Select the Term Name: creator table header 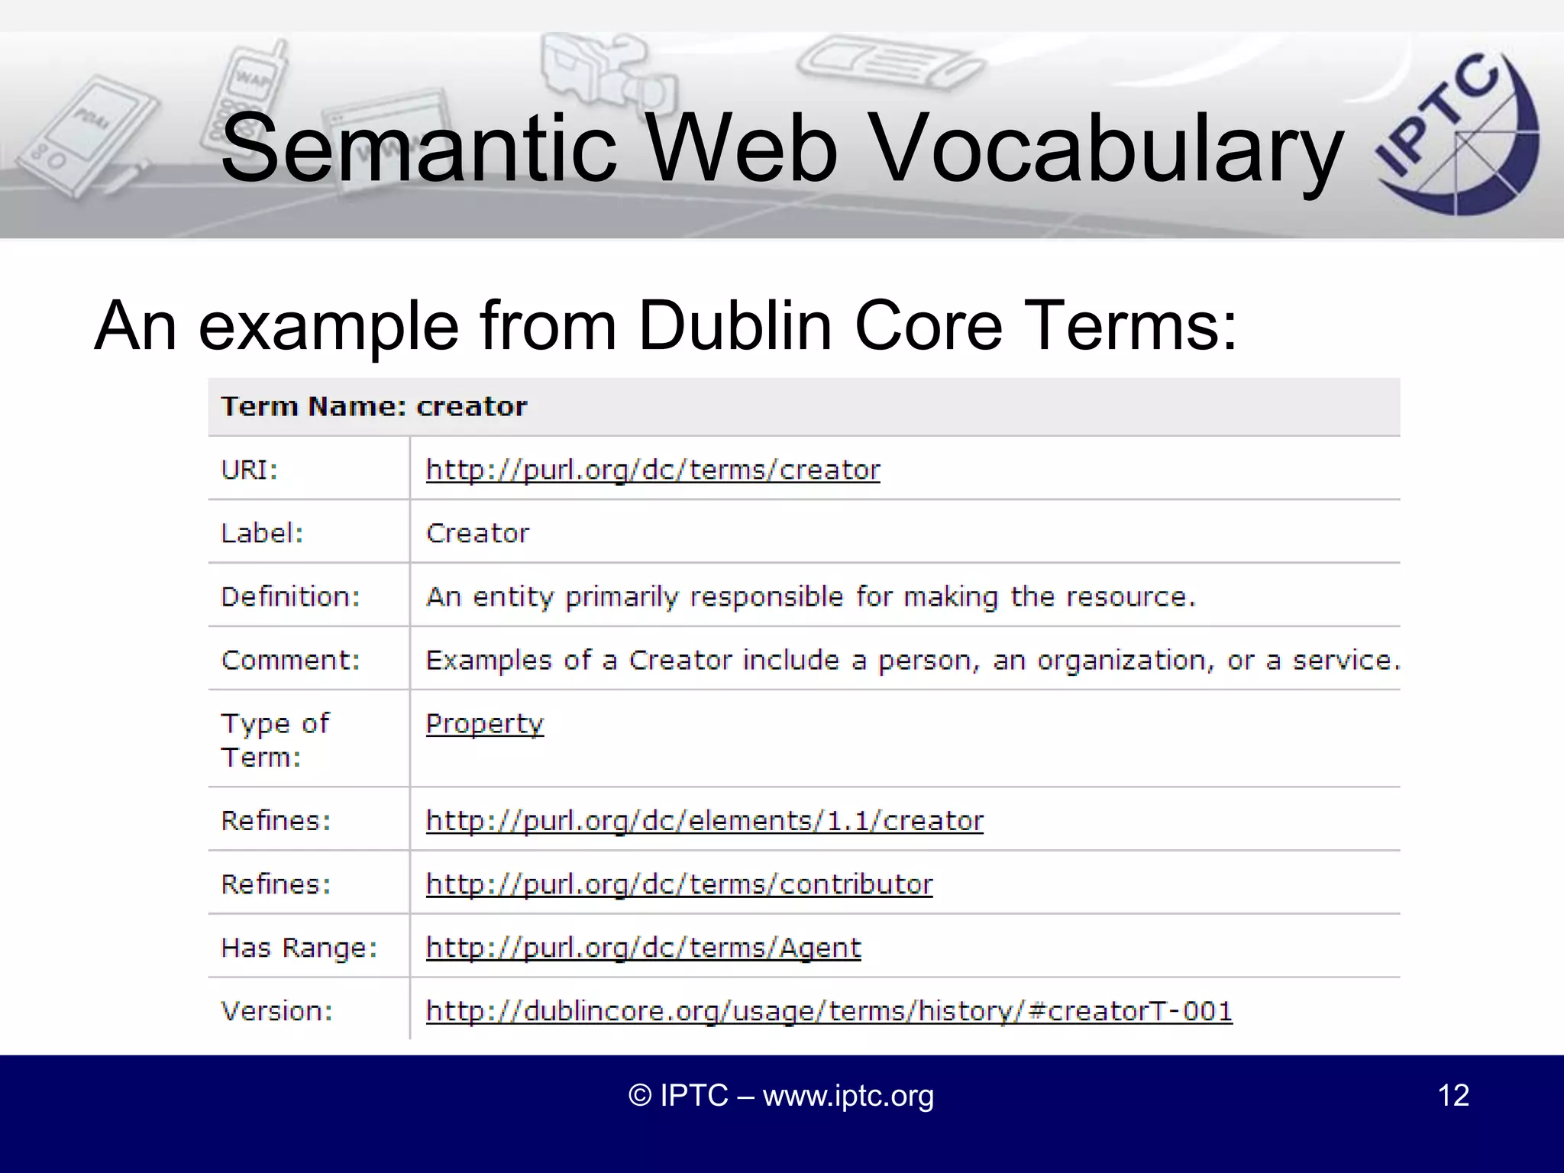click(x=373, y=406)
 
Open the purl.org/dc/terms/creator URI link click(x=652, y=470)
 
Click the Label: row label click(x=262, y=533)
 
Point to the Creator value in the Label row click(x=477, y=533)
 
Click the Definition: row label click(x=290, y=596)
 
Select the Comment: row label click(x=290, y=660)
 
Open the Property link click(x=484, y=723)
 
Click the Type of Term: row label click(x=275, y=740)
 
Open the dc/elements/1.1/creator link click(x=704, y=821)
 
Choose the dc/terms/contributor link click(x=679, y=884)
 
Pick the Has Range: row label click(x=299, y=948)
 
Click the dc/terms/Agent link click(x=643, y=948)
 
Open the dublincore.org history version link click(x=829, y=1011)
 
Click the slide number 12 click(x=1453, y=1095)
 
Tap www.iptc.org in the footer click(x=848, y=1096)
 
